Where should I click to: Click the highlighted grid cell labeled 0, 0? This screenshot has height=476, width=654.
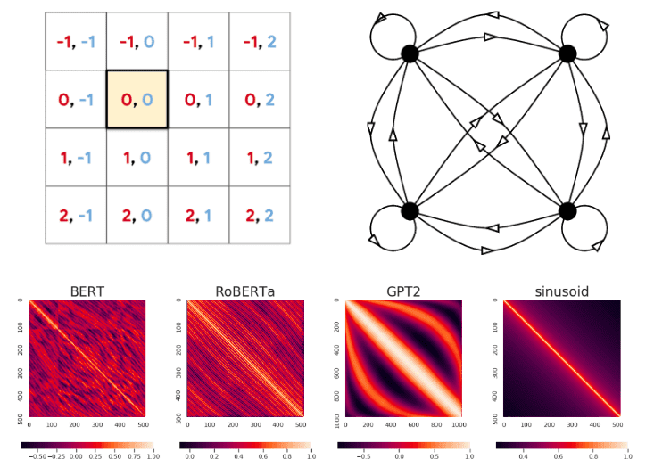point(137,99)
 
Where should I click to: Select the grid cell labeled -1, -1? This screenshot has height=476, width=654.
point(76,42)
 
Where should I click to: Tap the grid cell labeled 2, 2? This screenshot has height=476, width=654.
point(259,215)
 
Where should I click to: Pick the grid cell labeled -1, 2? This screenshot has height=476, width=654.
point(259,42)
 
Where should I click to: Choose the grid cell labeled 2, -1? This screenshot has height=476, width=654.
point(76,215)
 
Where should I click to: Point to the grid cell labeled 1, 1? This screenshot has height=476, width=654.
point(198,157)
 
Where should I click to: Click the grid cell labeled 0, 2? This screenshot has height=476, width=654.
point(259,99)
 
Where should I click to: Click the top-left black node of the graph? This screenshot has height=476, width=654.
point(410,53)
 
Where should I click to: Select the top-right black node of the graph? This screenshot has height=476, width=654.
point(567,53)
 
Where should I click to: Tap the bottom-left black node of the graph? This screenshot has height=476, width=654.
point(410,211)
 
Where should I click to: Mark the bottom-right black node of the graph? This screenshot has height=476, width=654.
point(567,211)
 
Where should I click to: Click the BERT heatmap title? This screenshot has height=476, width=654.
point(87,291)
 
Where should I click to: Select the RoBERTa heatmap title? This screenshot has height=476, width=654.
point(245,291)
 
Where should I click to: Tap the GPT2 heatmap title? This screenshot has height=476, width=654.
point(403,291)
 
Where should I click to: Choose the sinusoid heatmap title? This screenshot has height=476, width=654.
point(561,291)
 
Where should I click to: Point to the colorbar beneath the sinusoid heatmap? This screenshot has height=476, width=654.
point(562,443)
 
